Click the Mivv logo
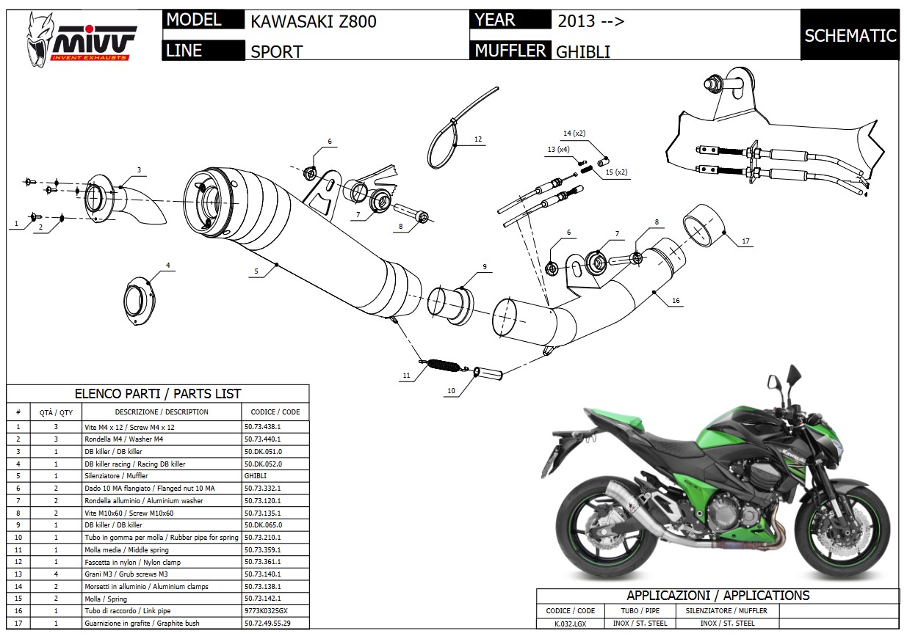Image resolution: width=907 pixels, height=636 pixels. pyautogui.click(x=81, y=40)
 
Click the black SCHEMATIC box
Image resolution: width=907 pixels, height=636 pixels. pyautogui.click(x=850, y=35)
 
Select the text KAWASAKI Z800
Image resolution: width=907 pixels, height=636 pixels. pyautogui.click(x=314, y=21)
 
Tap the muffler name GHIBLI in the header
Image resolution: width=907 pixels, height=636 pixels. pyautogui.click(x=582, y=52)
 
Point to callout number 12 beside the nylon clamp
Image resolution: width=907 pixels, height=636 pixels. pyautogui.click(x=478, y=139)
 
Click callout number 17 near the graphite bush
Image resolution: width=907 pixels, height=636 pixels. pyautogui.click(x=745, y=241)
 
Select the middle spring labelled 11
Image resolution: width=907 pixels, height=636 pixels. pyautogui.click(x=444, y=365)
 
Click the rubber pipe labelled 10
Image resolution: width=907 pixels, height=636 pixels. pyautogui.click(x=488, y=373)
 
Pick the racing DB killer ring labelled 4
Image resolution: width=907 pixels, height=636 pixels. pyautogui.click(x=140, y=300)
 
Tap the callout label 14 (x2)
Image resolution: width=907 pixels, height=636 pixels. pyautogui.click(x=574, y=133)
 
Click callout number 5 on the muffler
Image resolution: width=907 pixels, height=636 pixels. pyautogui.click(x=256, y=271)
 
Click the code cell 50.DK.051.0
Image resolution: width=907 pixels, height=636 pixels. pyautogui.click(x=263, y=451)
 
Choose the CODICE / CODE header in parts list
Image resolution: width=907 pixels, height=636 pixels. pyautogui.click(x=275, y=412)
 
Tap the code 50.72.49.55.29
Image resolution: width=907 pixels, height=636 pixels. pyautogui.click(x=267, y=623)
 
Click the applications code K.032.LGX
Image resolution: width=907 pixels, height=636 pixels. pyautogui.click(x=570, y=624)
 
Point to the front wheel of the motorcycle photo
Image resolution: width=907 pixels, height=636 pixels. pyautogui.click(x=845, y=529)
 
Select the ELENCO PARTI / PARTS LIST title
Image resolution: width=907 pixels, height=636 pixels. pyautogui.click(x=158, y=394)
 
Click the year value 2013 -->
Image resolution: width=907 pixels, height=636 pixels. pyautogui.click(x=590, y=21)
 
